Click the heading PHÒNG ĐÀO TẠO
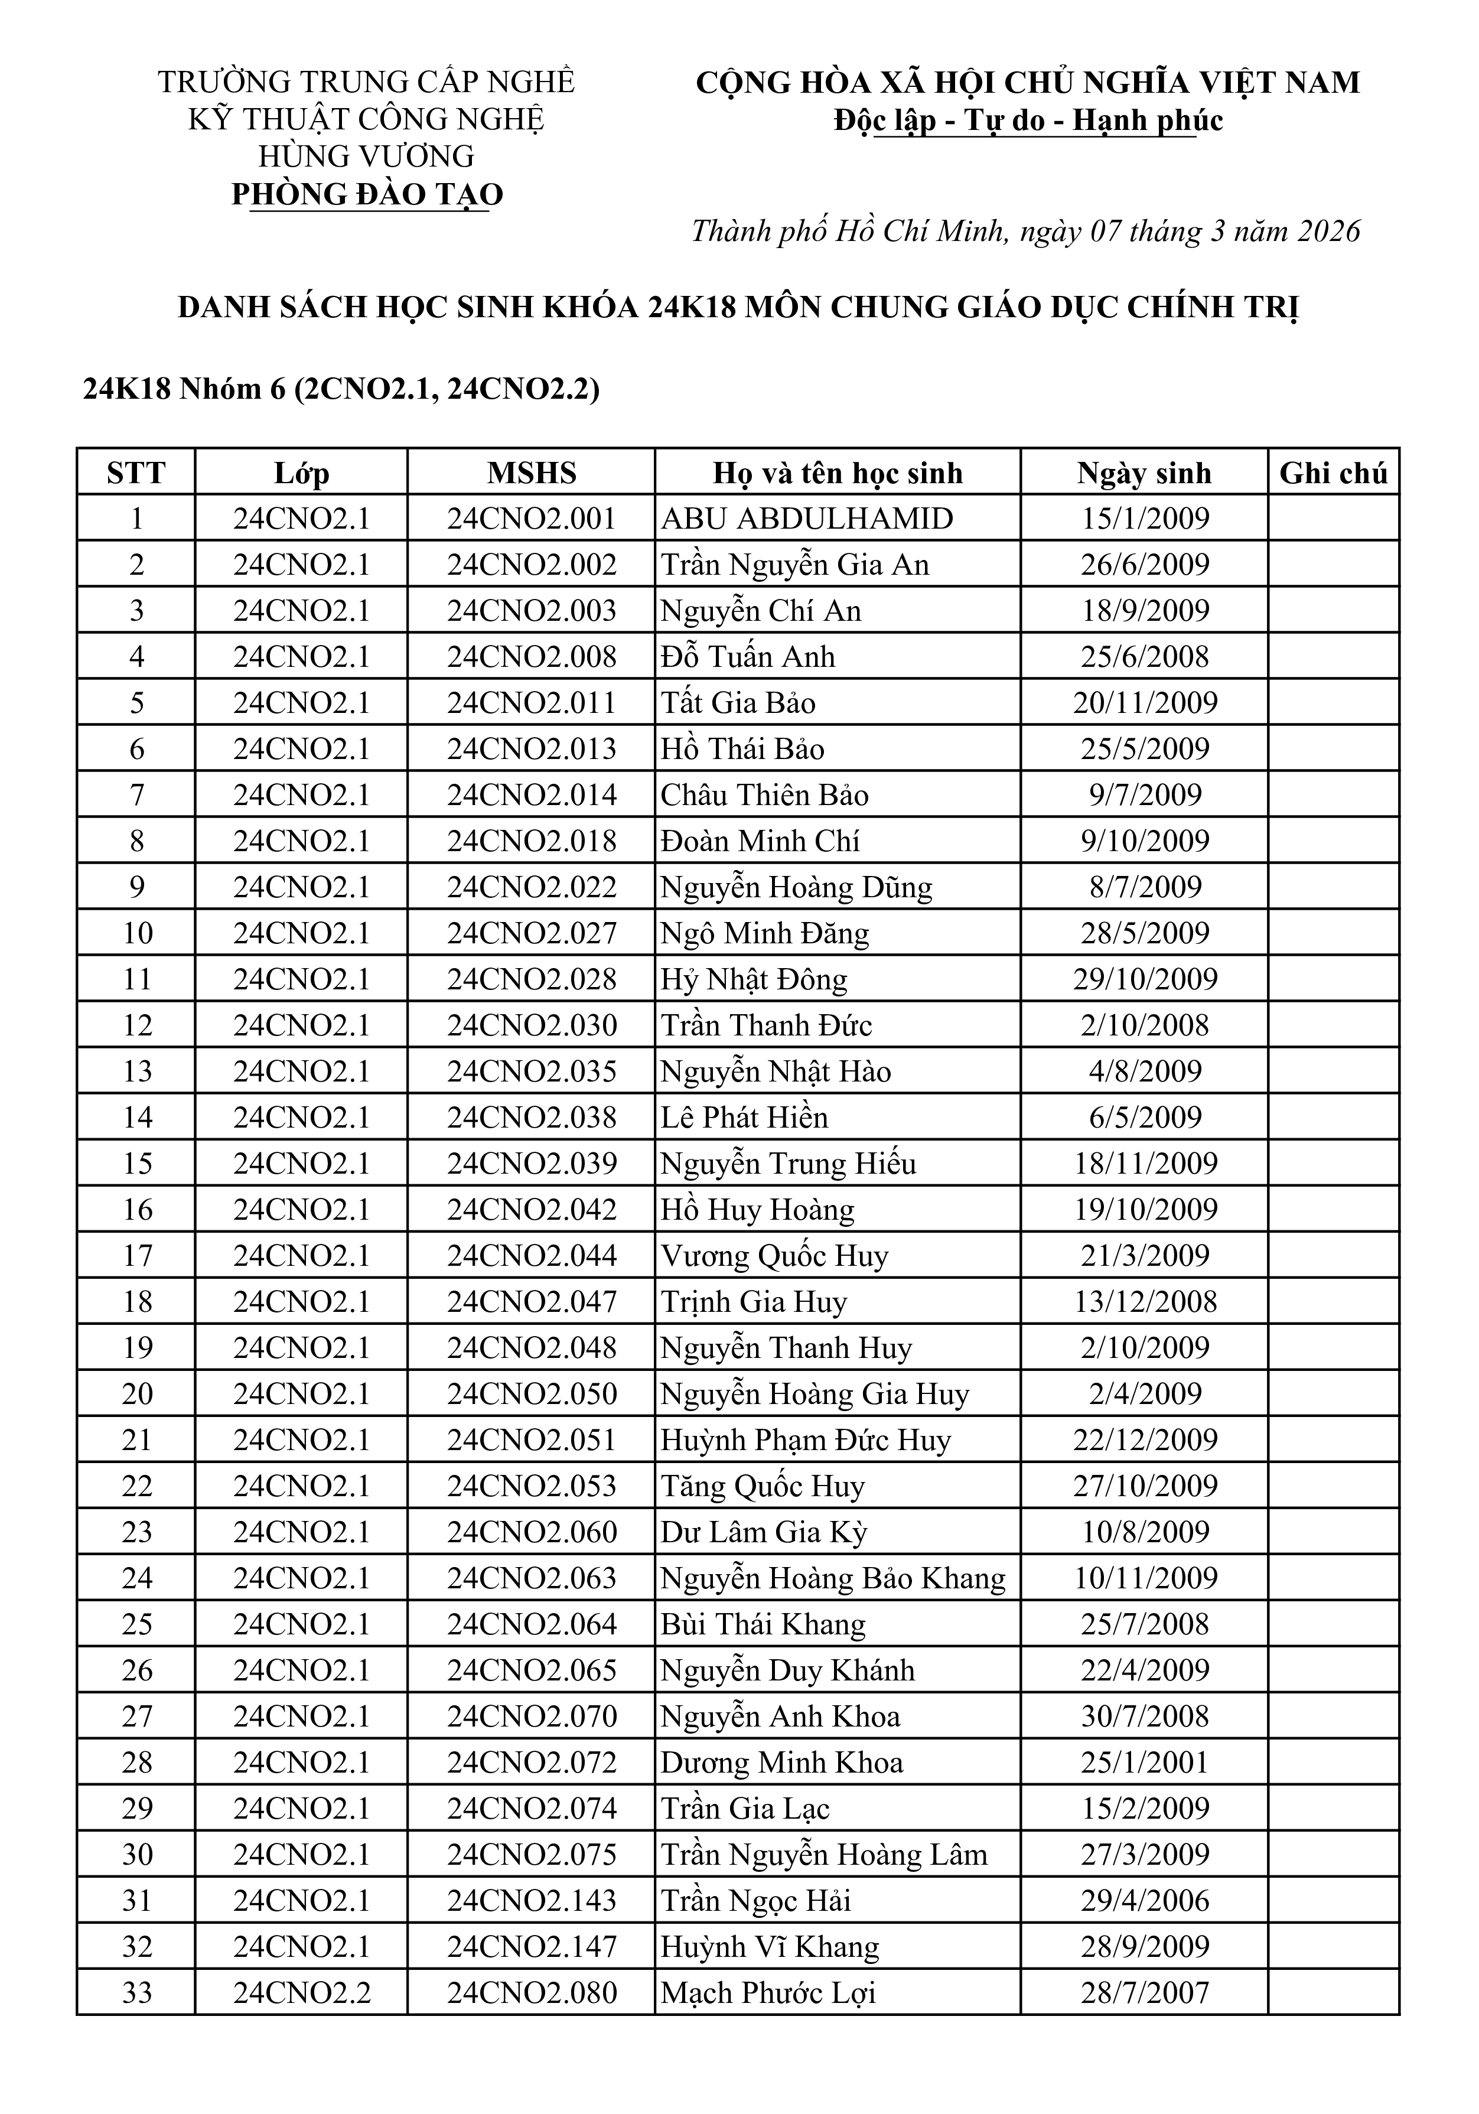coord(367,194)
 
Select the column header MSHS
coord(532,473)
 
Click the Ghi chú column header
coord(1333,473)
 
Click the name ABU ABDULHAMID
coord(807,519)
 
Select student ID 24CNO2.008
coord(532,656)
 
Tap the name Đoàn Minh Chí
coord(760,841)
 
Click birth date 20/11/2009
coord(1145,702)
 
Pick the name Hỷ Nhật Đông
coord(753,979)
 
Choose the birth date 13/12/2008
coord(1145,1301)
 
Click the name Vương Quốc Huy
coord(774,1255)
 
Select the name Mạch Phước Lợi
coord(768,1992)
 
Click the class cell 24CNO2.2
coord(301,1992)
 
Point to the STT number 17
coord(136,1255)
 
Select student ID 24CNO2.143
coord(532,1900)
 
